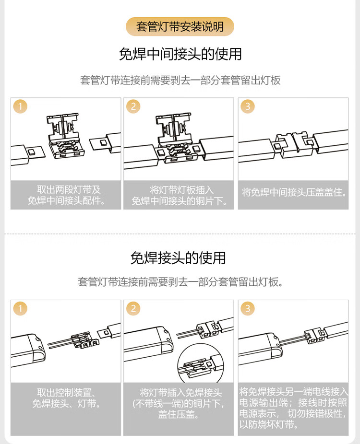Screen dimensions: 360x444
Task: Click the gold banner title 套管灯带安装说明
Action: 180,27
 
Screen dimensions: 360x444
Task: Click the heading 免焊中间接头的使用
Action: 180,54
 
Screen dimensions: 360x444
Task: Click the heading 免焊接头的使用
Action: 178,257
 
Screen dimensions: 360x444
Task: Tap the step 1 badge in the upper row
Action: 20,106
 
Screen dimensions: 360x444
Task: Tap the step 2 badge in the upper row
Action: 133,106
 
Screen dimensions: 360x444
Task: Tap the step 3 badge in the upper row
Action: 248,106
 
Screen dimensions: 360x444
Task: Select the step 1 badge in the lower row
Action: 20,308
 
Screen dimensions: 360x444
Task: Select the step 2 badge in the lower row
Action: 133,308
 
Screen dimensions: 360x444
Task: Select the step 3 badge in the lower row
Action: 248,308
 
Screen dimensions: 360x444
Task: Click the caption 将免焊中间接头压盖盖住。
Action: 294,192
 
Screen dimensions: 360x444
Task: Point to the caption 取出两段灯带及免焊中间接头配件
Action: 66,195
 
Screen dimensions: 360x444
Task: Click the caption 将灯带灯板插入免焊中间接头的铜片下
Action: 179,195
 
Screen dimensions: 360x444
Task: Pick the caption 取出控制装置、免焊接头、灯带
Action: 66,397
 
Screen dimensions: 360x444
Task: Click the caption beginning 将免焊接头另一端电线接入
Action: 293,408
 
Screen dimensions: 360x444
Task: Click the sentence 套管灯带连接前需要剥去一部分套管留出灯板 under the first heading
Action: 180,80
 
